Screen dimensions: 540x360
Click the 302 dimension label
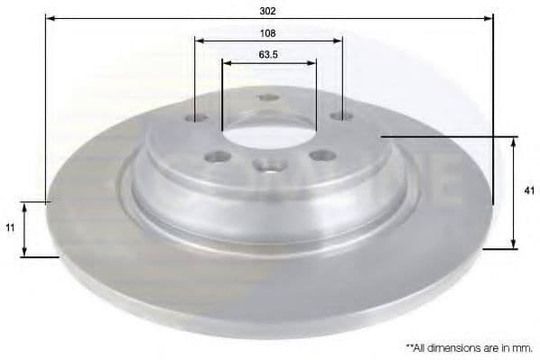[267, 11]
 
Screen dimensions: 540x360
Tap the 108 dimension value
[267, 33]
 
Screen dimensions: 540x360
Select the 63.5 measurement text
[268, 55]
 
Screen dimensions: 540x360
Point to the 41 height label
[529, 190]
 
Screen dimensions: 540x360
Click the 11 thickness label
[10, 228]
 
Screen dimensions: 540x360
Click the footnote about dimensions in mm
[470, 348]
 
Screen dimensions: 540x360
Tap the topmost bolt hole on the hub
[268, 97]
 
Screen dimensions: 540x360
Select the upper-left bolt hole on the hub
[196, 118]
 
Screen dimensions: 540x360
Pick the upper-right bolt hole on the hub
[341, 116]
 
